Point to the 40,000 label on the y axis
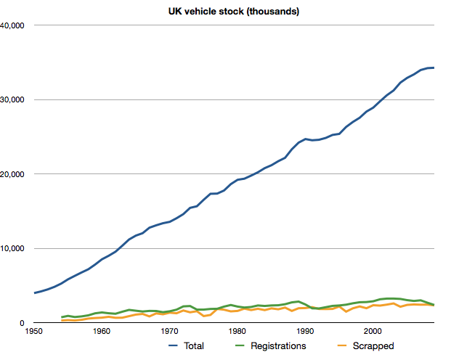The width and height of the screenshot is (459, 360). tap(14, 25)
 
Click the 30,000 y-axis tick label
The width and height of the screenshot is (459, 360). tap(14, 99)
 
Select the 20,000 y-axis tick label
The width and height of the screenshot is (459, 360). tap(14, 174)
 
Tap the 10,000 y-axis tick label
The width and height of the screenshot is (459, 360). tap(14, 248)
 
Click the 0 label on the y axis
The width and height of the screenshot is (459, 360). tap(23, 323)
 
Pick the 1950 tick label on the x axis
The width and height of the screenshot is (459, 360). tap(33, 332)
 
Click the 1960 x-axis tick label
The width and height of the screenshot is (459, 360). tap(102, 332)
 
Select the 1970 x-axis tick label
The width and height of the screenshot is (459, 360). tap(169, 332)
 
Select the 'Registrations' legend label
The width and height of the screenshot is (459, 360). tap(278, 346)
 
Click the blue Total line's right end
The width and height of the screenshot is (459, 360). tap(434, 67)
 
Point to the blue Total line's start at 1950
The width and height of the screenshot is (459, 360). tap(34, 293)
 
